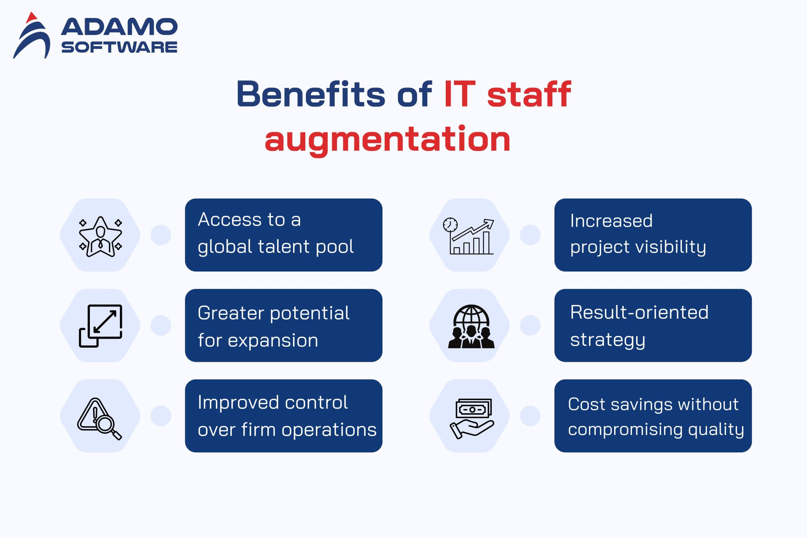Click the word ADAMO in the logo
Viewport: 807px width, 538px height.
tap(119, 27)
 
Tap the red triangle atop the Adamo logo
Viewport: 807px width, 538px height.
tap(32, 18)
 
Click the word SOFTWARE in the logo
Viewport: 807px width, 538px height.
tap(119, 47)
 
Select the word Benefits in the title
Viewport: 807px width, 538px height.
tap(311, 93)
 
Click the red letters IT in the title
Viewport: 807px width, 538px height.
tap(459, 94)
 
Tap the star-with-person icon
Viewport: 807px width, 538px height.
tap(101, 237)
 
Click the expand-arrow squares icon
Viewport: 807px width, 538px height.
tap(101, 326)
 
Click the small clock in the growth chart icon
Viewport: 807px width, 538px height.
tap(450, 225)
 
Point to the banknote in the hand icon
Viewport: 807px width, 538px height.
tap(473, 409)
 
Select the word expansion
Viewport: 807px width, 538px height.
tap(273, 341)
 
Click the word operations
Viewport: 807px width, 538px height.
tap(329, 430)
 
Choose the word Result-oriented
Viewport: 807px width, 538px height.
tap(639, 312)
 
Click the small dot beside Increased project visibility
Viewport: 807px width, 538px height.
tap(530, 235)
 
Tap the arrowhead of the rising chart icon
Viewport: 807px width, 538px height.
tap(489, 224)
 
